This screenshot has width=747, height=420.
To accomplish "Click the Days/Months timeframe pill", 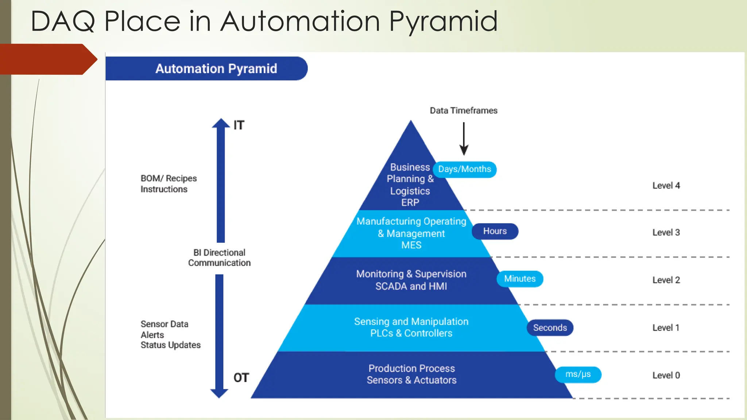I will click(464, 170).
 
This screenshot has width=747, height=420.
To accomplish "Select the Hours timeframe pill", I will click(495, 231).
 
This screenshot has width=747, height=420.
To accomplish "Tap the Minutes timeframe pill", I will click(519, 279).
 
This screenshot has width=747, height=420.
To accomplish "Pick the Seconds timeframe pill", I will click(550, 327).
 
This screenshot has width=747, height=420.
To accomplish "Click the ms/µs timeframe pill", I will click(578, 374).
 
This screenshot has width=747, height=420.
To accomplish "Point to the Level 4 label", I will click(666, 186).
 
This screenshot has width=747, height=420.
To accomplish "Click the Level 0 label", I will click(666, 375).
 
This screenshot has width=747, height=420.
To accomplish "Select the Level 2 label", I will click(666, 280).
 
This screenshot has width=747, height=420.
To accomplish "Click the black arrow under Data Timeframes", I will click(464, 139).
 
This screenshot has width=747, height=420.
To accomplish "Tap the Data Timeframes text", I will click(463, 110).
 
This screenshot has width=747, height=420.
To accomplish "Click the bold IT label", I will click(239, 125).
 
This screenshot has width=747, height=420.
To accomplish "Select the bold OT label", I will click(241, 378).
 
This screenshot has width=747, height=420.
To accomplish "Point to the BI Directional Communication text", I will click(219, 257).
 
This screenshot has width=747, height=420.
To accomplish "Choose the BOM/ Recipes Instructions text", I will click(169, 184).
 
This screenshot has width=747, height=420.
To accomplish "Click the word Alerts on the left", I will click(152, 335).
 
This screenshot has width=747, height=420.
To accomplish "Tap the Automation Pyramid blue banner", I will click(206, 69).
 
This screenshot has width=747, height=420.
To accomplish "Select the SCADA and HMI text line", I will click(411, 286).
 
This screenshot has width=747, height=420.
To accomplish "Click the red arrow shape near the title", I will click(47, 59).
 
